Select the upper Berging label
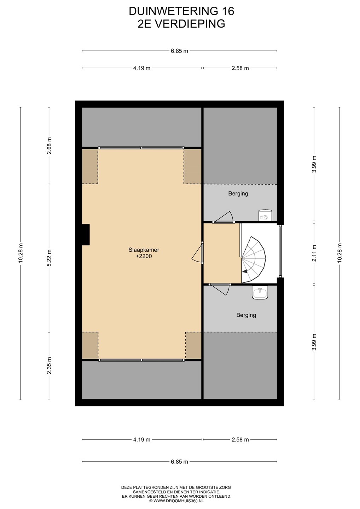click(x=238, y=194)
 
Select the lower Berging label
click(x=246, y=315)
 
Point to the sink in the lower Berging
click(x=260, y=292)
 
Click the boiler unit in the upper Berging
click(x=265, y=215)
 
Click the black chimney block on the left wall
click(x=86, y=234)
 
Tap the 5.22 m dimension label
click(x=49, y=258)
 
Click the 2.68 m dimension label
click(x=49, y=146)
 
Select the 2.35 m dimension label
click(x=49, y=365)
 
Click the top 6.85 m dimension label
click(x=180, y=51)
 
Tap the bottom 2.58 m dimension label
click(x=240, y=439)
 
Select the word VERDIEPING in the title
click(x=190, y=24)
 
